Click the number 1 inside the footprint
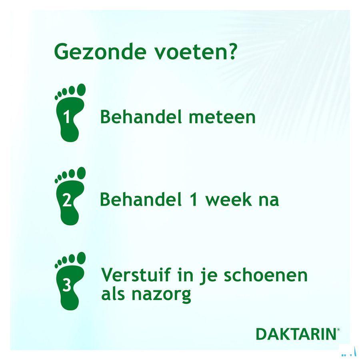[x=67, y=118]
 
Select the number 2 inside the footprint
[x=67, y=201]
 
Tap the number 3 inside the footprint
[x=67, y=286]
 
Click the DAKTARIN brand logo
[x=295, y=334]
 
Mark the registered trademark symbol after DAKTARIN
[x=338, y=329]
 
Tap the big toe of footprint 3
[x=81, y=257]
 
